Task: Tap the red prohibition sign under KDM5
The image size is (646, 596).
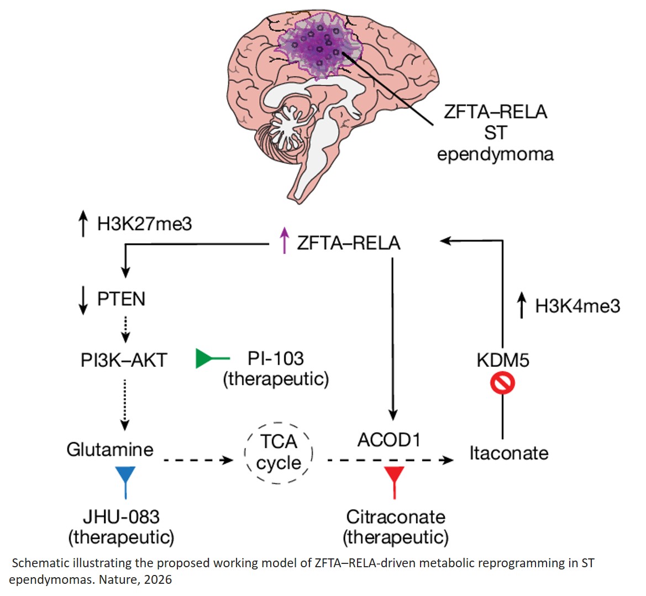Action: (503, 382)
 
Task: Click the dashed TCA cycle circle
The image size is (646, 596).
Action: (279, 452)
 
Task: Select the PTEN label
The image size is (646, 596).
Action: (121, 299)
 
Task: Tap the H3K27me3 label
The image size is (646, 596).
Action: (144, 224)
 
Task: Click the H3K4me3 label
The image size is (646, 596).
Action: (577, 305)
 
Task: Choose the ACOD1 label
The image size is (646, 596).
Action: (389, 440)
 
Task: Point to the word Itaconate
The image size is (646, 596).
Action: (509, 453)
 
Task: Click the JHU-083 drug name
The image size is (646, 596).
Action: (121, 517)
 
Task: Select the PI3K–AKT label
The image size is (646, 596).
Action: (124, 360)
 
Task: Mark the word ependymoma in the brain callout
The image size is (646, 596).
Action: (495, 154)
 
